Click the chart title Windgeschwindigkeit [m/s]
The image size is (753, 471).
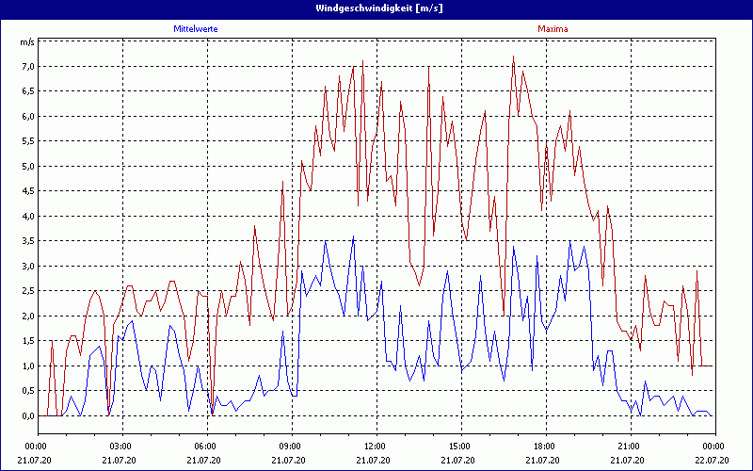[x=376, y=8]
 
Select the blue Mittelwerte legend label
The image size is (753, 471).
[x=196, y=29]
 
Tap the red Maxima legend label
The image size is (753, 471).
[x=553, y=29]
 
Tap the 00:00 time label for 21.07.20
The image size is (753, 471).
[x=37, y=446]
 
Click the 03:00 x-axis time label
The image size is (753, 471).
[x=121, y=446]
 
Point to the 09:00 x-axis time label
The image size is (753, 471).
[x=291, y=446]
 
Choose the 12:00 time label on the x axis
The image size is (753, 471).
[x=376, y=446]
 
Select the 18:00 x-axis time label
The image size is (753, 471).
[x=545, y=446]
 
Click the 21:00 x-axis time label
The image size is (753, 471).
[x=630, y=446]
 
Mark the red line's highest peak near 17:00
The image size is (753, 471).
[x=514, y=57]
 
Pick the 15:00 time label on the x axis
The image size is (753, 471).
[x=460, y=446]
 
